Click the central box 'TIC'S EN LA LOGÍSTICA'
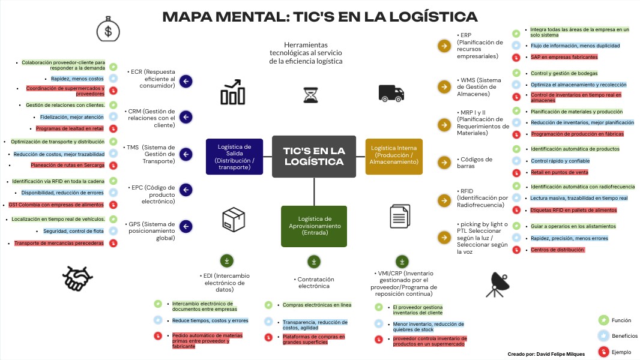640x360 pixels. (x=313, y=157)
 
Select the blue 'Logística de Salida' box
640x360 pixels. (x=234, y=157)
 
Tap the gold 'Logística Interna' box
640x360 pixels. (x=394, y=157)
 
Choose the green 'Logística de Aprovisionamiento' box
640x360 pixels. (x=314, y=226)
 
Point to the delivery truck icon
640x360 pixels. (x=390, y=92)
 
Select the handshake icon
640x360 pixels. (x=77, y=278)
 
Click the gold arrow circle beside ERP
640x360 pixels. (x=444, y=46)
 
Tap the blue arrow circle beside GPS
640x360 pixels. (x=186, y=226)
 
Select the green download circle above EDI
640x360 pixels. (x=226, y=260)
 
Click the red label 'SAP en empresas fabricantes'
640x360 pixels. (x=564, y=57)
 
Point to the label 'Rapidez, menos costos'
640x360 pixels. (x=77, y=79)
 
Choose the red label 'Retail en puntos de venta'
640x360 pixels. (x=559, y=172)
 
